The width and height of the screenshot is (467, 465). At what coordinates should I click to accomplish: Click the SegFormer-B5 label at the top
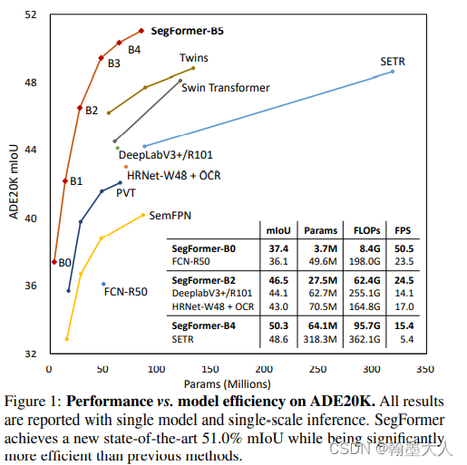[187, 30]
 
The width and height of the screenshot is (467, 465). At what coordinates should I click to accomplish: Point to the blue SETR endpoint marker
[393, 72]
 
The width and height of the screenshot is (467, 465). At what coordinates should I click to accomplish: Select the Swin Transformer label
[226, 88]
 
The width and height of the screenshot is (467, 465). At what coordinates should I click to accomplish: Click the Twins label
[193, 58]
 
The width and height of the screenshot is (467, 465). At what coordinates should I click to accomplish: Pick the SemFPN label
[169, 215]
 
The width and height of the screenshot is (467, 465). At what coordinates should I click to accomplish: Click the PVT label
[125, 192]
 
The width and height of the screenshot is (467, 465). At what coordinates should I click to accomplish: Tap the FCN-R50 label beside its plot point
[126, 292]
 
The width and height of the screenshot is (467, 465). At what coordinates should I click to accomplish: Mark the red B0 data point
[54, 261]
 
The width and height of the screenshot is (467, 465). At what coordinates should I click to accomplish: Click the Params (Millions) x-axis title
[237, 384]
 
